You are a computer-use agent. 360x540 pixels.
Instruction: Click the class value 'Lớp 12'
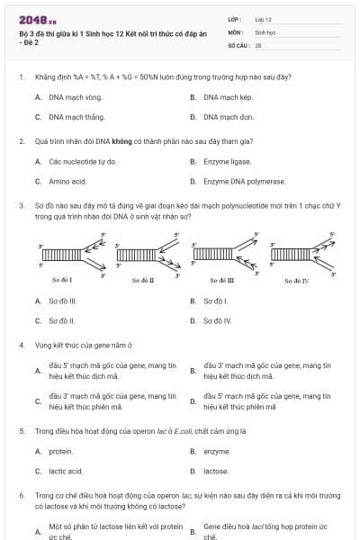point(263,19)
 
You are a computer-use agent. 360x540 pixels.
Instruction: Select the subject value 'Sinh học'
point(265,31)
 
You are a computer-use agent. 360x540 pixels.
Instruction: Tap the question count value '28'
point(258,44)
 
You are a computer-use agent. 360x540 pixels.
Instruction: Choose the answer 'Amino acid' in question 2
point(67,182)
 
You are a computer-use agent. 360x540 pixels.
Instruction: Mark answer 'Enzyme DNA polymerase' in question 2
point(238,182)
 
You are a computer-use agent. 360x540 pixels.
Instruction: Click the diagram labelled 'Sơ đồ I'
point(61,256)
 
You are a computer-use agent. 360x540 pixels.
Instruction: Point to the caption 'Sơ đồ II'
point(143,281)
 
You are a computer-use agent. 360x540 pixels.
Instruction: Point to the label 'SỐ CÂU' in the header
point(238,44)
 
